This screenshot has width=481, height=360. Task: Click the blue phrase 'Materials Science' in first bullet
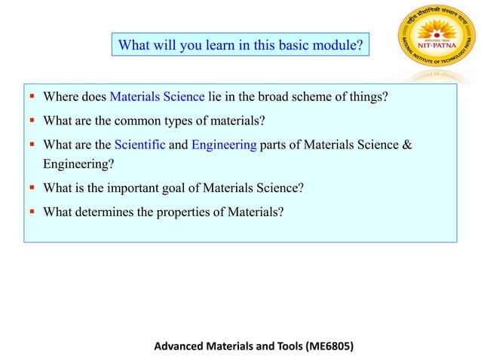pyautogui.click(x=157, y=96)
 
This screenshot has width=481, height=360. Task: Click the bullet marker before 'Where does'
pyautogui.click(x=33, y=96)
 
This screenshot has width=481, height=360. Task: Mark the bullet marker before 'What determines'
pyautogui.click(x=33, y=212)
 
